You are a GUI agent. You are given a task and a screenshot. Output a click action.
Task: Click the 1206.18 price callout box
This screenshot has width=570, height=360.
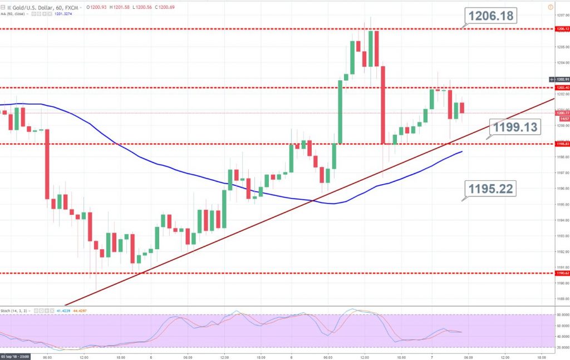click(x=490, y=16)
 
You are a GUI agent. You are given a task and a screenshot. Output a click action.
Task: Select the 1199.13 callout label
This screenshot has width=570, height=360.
click(x=514, y=127)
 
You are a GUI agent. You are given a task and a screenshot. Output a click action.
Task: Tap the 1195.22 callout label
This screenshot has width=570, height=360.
click(x=490, y=189)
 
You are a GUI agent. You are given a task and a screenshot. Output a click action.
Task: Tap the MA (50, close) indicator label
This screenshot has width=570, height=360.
click(x=13, y=14)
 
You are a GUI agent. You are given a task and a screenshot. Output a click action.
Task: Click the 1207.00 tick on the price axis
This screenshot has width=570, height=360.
click(x=562, y=15)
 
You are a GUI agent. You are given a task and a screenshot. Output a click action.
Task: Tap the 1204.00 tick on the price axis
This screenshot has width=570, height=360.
click(x=562, y=62)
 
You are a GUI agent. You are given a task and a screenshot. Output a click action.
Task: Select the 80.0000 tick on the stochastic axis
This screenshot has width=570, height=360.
click(x=562, y=315)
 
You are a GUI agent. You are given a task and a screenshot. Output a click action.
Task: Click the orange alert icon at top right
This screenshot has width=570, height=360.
click(x=551, y=7)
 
